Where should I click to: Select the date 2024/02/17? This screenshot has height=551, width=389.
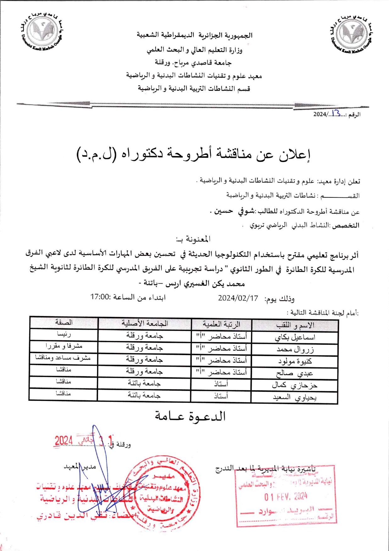tap(238, 298)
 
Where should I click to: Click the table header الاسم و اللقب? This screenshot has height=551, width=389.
tap(295, 325)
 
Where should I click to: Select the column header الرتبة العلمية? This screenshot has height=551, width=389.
tap(221, 324)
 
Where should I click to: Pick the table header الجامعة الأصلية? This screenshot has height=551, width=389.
tap(145, 323)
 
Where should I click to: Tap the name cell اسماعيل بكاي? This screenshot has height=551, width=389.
tap(295, 338)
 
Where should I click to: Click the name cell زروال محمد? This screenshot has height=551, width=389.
tap(295, 349)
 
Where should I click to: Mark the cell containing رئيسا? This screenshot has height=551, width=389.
tap(64, 335)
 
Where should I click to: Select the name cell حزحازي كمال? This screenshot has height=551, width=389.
tap(294, 385)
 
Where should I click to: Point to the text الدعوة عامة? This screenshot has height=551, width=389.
tap(190, 416)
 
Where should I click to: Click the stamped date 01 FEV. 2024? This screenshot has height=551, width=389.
tap(285, 496)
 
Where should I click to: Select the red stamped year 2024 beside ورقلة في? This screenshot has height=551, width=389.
tap(64, 440)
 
